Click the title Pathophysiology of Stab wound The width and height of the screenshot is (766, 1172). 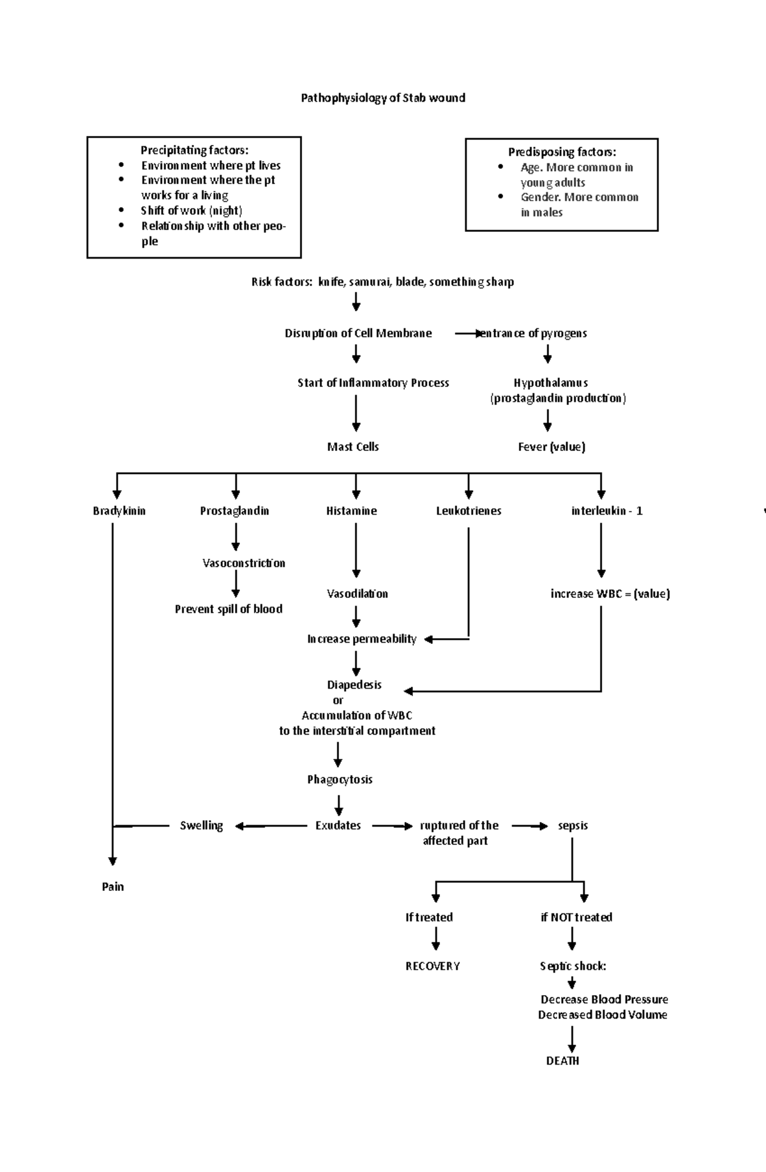383,98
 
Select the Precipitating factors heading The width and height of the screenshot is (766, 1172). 194,150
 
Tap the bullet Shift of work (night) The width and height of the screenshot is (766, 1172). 191,210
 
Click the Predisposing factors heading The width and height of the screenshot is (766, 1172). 562,152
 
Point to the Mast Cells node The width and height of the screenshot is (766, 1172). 353,447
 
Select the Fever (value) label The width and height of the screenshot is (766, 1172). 552,447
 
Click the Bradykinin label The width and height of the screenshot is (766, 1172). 119,511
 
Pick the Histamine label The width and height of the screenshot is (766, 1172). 351,511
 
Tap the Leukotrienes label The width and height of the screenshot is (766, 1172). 469,511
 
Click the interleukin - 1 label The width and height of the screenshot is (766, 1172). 606,511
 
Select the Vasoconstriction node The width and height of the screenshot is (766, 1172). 243,563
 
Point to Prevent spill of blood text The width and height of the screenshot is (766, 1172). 229,609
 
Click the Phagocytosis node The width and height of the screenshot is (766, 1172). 340,779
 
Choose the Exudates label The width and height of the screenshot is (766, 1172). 338,826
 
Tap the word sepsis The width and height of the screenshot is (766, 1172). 573,826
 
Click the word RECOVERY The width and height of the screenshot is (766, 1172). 432,966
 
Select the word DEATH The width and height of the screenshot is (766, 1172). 562,1061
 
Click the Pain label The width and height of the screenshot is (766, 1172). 112,887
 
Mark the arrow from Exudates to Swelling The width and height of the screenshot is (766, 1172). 271,826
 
